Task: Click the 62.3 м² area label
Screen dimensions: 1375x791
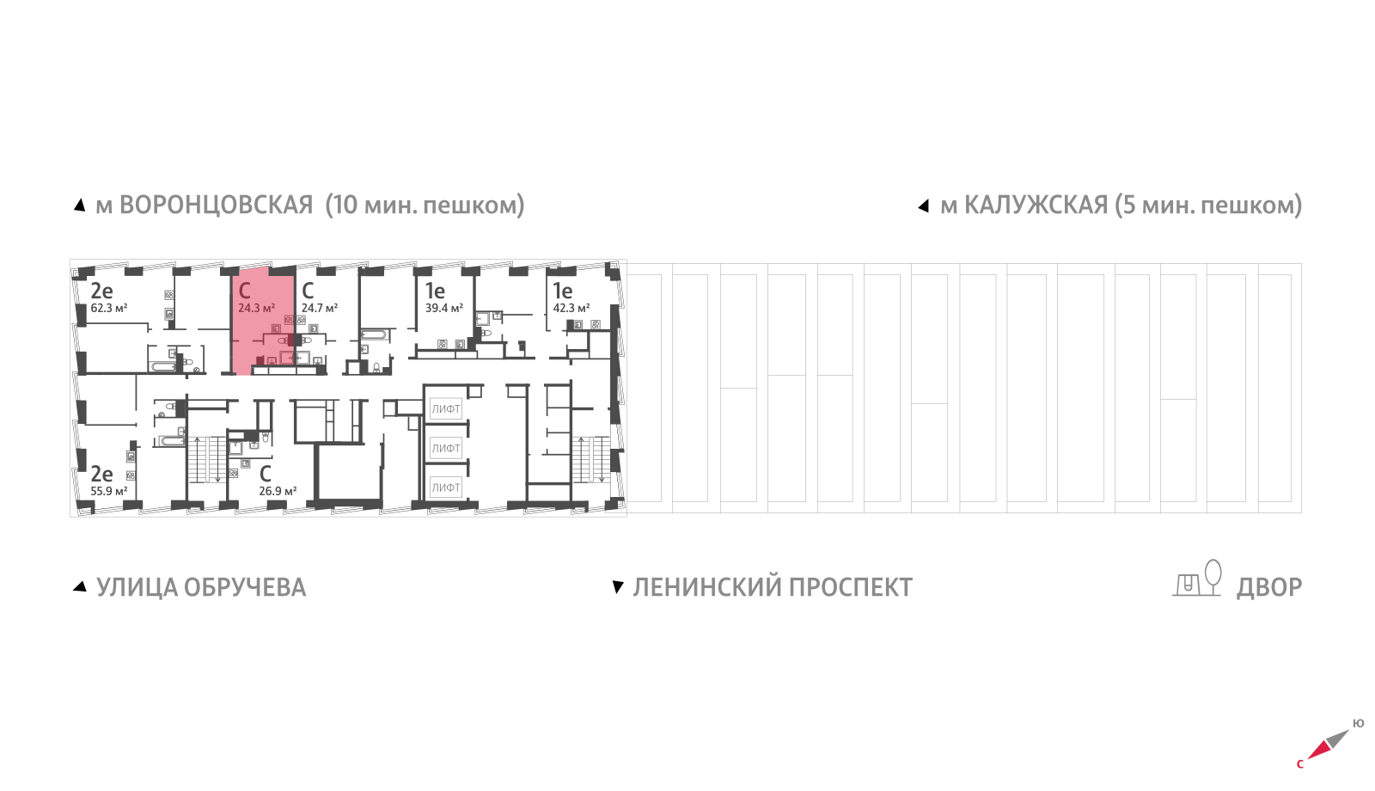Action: click(108, 308)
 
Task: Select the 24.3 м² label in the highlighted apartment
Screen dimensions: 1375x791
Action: click(256, 308)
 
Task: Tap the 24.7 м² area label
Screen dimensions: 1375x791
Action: click(319, 308)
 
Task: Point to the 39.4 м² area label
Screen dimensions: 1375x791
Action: click(444, 308)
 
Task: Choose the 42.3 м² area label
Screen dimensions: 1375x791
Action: click(571, 308)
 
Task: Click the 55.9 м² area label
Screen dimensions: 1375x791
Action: click(108, 491)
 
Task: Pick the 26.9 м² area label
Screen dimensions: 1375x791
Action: click(278, 491)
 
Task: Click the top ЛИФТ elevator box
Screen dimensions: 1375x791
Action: click(446, 409)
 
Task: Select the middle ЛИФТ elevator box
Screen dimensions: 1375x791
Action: click(446, 448)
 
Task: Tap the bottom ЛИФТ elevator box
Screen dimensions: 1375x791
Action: click(446, 487)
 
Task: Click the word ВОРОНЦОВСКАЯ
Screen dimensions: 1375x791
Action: click(216, 205)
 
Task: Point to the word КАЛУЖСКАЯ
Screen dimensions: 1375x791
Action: click(1036, 205)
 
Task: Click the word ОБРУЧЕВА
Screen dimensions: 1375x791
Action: click(245, 588)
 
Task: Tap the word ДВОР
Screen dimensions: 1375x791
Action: click(1268, 588)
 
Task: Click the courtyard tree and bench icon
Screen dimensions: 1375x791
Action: click(1197, 578)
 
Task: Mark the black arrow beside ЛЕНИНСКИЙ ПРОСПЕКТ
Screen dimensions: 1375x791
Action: click(618, 588)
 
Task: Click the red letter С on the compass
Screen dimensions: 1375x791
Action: click(1299, 764)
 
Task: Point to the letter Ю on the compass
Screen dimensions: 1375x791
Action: click(1358, 724)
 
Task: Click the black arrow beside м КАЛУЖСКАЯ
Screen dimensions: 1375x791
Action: click(923, 206)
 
